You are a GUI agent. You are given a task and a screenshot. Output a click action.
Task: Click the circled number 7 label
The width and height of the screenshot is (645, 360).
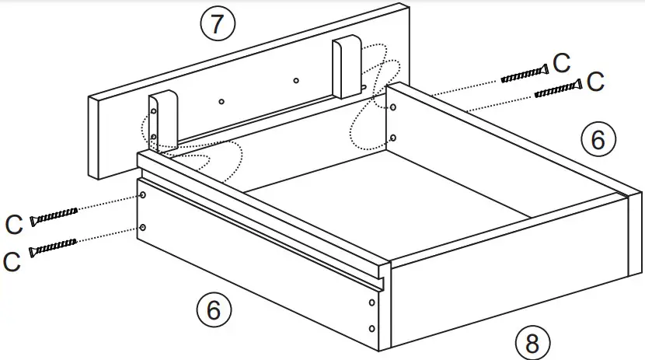218,25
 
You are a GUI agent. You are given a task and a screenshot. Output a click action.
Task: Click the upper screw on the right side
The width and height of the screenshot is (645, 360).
523,75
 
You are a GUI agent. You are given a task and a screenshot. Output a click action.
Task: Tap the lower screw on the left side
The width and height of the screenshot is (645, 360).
53,248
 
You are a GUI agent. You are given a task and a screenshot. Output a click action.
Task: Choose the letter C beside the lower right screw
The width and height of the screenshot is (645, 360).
595,82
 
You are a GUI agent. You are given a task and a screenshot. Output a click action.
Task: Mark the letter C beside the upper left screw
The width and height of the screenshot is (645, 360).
13,225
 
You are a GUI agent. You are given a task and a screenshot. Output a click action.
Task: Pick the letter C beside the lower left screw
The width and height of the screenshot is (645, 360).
11,261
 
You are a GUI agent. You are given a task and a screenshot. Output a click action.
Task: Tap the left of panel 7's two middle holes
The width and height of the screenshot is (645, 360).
221,101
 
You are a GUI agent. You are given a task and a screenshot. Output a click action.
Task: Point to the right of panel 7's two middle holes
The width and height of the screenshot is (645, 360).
295,80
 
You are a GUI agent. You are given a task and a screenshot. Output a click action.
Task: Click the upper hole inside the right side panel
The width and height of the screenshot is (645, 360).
392,109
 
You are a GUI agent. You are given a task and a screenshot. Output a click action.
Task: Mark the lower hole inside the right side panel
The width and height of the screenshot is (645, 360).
392,138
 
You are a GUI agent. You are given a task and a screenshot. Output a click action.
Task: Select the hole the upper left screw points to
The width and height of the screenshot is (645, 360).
143,195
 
